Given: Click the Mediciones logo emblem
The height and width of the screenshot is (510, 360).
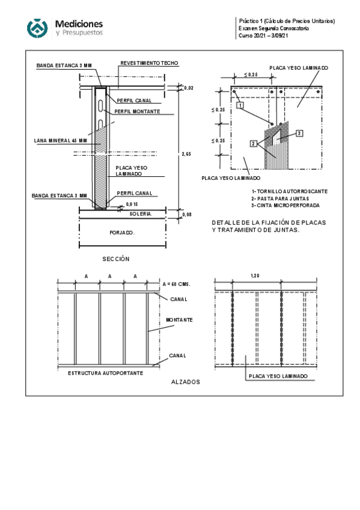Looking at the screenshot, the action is point(37,28).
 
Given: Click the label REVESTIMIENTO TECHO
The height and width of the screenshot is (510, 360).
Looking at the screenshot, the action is point(149,63).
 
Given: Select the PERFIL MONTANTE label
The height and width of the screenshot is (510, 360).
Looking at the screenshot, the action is point(137,111).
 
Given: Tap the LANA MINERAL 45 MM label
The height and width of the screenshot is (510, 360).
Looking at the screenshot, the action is point(61,141).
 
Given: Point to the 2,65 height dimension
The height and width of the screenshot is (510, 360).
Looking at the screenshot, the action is point(186,154).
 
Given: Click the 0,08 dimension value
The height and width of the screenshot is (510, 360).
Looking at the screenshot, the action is point(187,214).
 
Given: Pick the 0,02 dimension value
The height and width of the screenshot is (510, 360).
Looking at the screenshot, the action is point(189,88).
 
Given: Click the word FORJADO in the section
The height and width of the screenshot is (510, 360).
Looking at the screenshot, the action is point(122,233).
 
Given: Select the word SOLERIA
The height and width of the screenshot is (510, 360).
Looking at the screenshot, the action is point(141,214).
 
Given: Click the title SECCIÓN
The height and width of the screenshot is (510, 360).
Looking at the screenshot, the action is point(116,259).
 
